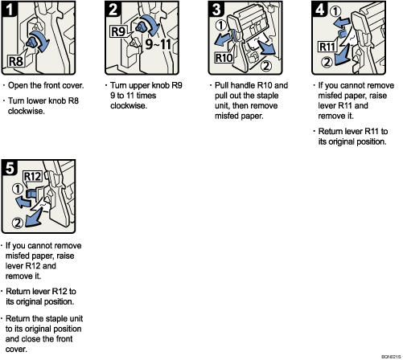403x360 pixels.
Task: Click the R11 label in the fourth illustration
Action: click(326, 46)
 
